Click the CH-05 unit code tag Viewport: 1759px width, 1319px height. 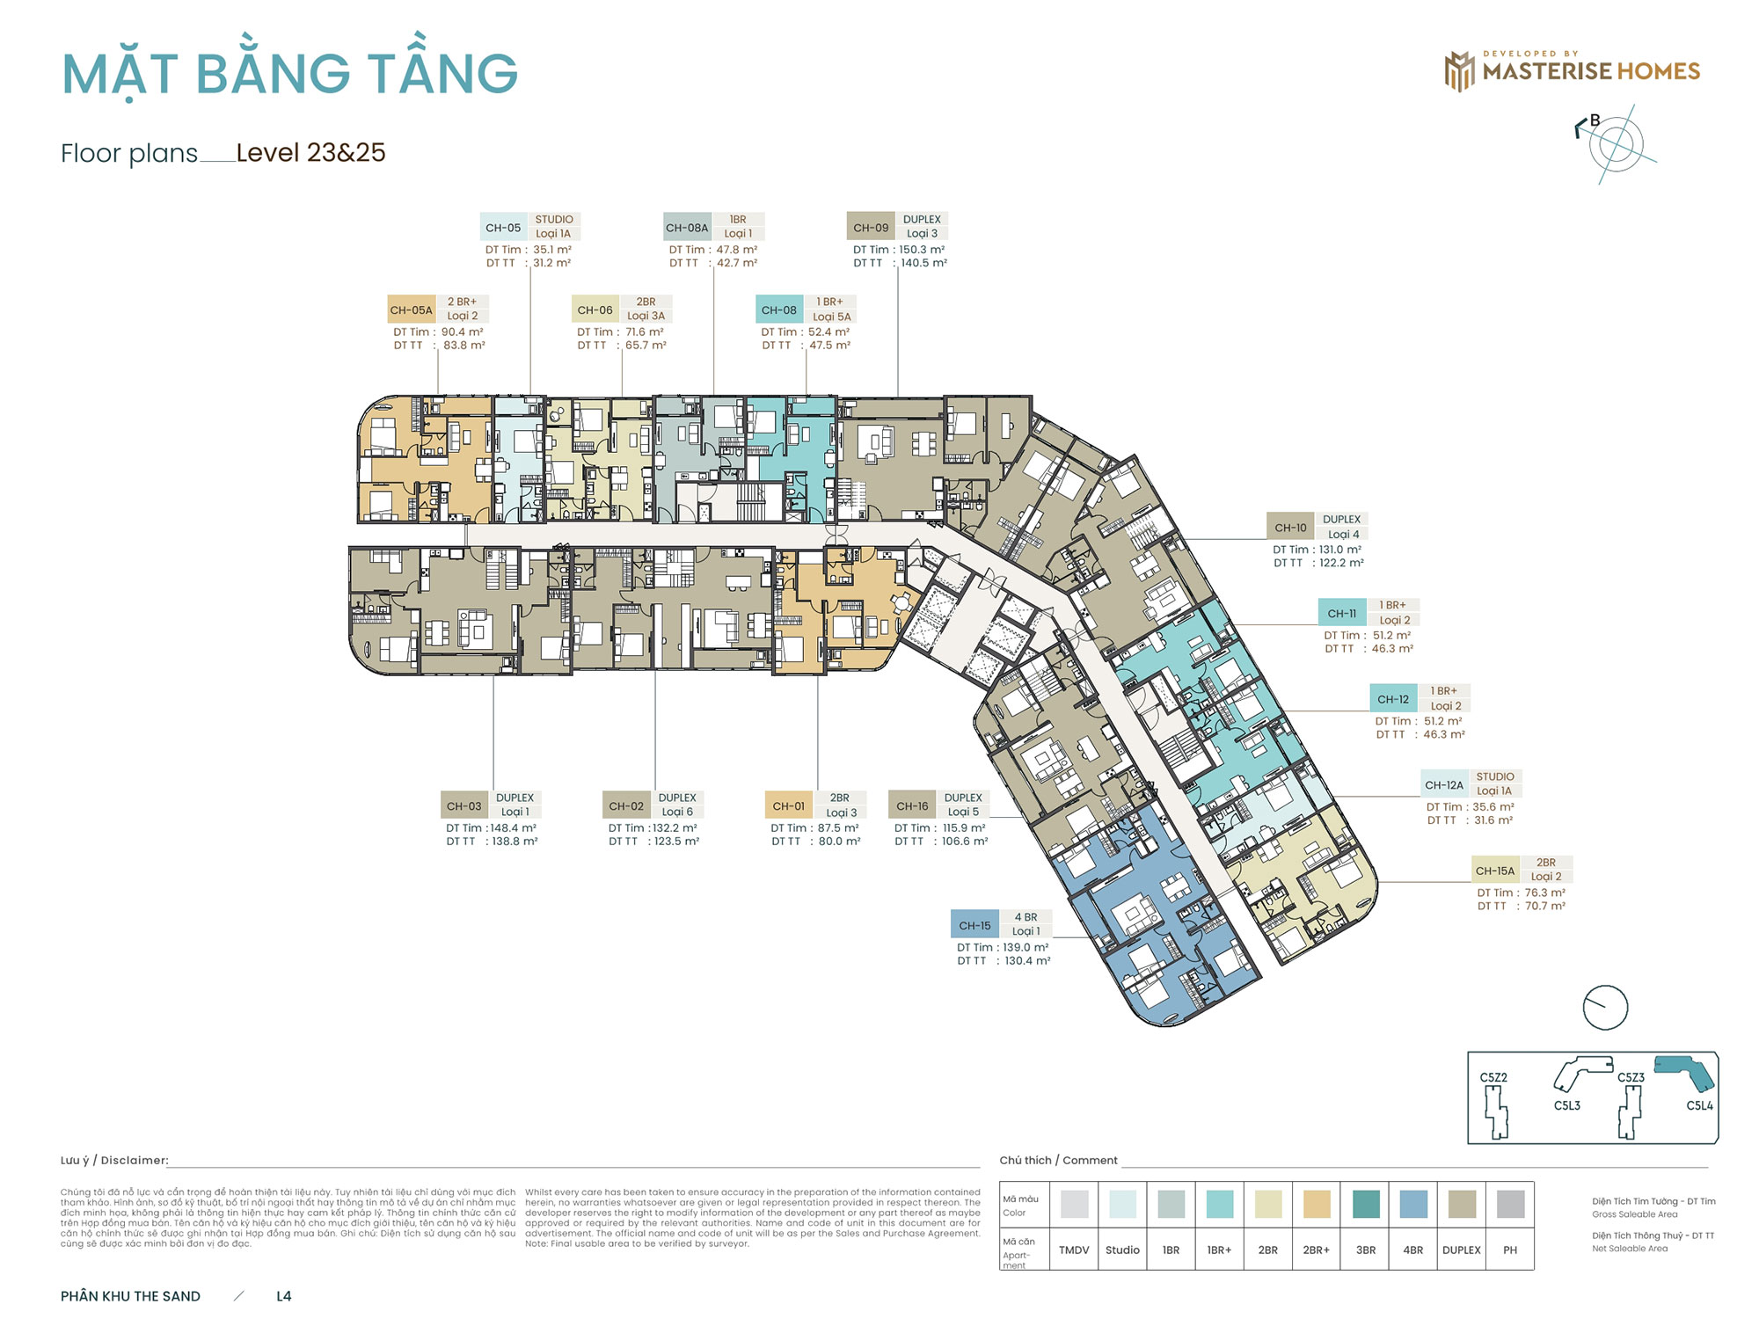[503, 228]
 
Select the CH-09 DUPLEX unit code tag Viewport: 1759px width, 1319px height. [871, 228]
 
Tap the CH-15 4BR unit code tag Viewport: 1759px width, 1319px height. [974, 925]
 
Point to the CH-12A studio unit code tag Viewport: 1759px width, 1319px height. [1444, 785]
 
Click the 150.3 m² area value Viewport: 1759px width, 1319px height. [922, 250]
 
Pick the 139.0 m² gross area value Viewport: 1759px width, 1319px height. [1025, 947]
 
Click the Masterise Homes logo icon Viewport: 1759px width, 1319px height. [1459, 71]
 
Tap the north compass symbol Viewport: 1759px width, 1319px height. [1616, 144]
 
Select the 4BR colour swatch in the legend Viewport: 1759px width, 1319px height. [1412, 1204]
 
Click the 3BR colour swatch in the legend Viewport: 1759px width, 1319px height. [1365, 1204]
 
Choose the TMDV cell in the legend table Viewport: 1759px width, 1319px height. [1074, 1250]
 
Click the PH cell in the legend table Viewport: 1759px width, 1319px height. [1510, 1250]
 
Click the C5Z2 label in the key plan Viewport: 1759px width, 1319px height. [1493, 1077]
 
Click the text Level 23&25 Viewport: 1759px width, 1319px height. [310, 153]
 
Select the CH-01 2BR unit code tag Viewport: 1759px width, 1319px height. [788, 805]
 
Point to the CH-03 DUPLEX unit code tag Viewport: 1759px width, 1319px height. [463, 805]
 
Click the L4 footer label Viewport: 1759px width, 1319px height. [283, 1296]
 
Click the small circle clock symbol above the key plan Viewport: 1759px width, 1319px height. [1605, 1007]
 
